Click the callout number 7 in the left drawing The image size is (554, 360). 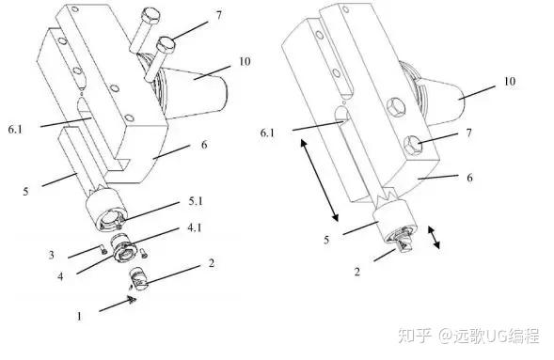pos(219,15)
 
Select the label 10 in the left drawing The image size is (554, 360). pos(245,62)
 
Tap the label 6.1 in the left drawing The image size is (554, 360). pos(15,129)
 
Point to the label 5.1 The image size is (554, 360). pos(196,201)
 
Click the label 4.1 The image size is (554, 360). pos(194,227)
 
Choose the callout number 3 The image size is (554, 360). pos(52,255)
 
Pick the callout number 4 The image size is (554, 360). pos(60,276)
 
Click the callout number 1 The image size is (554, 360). pos(79,316)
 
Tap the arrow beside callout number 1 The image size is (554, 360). pos(118,305)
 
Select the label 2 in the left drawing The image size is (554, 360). pos(212,263)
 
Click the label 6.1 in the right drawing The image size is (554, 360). pos(267,133)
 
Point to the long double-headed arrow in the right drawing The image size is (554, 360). pos(320,180)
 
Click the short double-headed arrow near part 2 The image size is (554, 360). pos(434,237)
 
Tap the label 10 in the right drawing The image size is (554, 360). pos(509,82)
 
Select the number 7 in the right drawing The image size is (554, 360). pos(468,133)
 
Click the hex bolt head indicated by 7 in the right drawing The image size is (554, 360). pos(413,145)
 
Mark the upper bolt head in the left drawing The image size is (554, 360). pos(150,16)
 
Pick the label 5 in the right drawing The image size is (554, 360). pos(326,240)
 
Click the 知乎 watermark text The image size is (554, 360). pos(415,336)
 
